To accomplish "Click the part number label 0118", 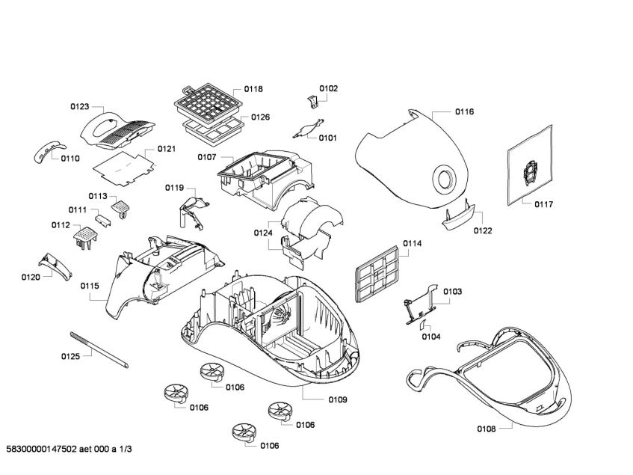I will click(253, 89).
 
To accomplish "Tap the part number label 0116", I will click(464, 111).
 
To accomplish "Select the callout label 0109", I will click(337, 399).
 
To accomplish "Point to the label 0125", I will click(70, 356).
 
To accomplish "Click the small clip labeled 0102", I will click(312, 101).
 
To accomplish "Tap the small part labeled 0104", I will click(421, 325).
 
